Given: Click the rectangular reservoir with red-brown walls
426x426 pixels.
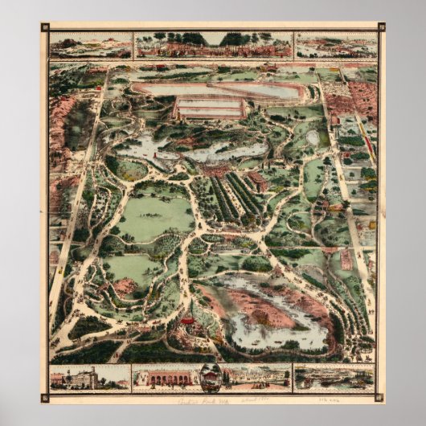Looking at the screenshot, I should click(210, 108).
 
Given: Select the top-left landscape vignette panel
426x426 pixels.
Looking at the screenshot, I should click(91, 45).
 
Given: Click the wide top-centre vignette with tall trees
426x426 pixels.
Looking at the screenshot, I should click(213, 44).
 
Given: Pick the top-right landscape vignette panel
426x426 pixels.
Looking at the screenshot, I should click(336, 45).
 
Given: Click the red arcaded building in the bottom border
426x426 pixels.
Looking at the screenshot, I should click(164, 377).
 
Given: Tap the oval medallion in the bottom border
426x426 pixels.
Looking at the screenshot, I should click(211, 377).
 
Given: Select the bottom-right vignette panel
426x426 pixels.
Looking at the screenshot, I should click(334, 377).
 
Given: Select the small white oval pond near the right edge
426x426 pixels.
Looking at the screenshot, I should click(313, 137).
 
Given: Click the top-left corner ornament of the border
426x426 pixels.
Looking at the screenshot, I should click(45, 27).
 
